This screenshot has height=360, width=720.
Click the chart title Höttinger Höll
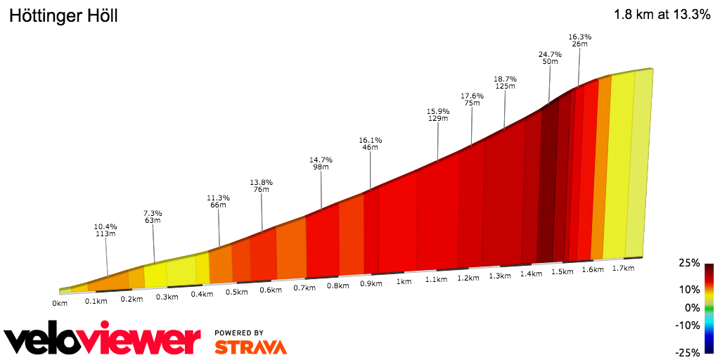(x=63, y=16)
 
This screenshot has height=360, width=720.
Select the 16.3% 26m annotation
(x=579, y=40)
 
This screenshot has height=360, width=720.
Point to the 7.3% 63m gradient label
(x=153, y=217)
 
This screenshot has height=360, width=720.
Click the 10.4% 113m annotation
(x=105, y=231)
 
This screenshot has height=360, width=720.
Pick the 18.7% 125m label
(x=505, y=82)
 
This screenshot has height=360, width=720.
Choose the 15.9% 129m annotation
(x=438, y=115)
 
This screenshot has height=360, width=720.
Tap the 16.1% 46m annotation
(x=371, y=143)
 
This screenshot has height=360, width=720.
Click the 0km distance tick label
(x=60, y=303)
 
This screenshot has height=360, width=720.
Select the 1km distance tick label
(x=404, y=282)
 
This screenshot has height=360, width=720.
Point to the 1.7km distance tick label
(x=623, y=269)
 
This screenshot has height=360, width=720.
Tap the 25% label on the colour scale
(x=690, y=263)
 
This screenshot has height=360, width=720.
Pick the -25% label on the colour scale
(x=688, y=352)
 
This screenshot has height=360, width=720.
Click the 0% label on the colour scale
(x=692, y=307)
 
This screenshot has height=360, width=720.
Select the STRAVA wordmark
(x=250, y=347)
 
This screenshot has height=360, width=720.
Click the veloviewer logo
(x=102, y=340)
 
